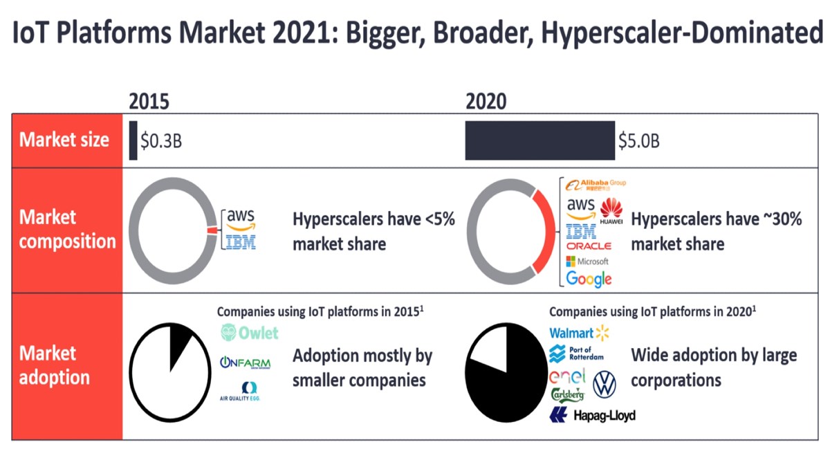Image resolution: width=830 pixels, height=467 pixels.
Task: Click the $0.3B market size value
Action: (x=161, y=141)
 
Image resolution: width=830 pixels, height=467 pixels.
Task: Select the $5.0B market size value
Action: (x=638, y=141)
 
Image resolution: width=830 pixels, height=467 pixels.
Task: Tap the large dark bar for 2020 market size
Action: (x=539, y=140)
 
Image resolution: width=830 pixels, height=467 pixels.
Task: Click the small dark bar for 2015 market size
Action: (x=133, y=140)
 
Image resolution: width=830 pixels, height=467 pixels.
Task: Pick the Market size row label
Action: (x=64, y=140)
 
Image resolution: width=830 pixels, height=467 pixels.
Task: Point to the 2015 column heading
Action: (x=149, y=102)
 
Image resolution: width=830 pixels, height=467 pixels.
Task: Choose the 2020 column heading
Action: (x=486, y=102)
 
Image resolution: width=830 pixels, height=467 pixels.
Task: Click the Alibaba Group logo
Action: (x=596, y=185)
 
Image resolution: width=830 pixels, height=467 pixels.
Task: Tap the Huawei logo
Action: (x=611, y=211)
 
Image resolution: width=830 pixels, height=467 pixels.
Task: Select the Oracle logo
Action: (x=589, y=246)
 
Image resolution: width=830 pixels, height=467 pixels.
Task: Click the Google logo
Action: (x=589, y=279)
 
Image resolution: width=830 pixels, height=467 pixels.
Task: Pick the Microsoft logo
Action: (x=587, y=262)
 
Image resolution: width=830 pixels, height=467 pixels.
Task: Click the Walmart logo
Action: (x=579, y=333)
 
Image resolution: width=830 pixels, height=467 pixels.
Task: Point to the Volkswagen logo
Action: (x=605, y=384)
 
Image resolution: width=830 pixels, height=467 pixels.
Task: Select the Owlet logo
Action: (x=249, y=333)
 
